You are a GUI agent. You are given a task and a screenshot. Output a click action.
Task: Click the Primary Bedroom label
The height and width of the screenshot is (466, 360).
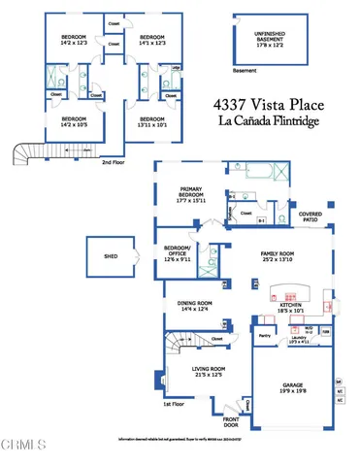191,195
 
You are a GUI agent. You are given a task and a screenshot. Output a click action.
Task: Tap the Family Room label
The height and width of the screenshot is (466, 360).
278,257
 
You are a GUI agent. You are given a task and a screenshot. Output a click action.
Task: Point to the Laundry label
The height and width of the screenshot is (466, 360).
300,341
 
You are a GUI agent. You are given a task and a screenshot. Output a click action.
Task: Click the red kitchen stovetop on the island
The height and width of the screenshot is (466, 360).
292,292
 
